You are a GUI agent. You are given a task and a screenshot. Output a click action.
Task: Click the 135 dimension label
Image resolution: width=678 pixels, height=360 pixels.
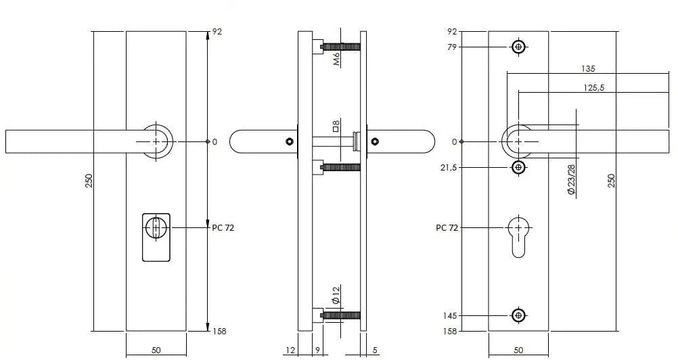click(x=588, y=69)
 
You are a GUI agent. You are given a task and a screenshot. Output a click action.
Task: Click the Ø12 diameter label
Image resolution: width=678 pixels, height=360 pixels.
click(x=335, y=294)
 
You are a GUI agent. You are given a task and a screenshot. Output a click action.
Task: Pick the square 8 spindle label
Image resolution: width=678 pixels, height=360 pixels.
click(x=336, y=125)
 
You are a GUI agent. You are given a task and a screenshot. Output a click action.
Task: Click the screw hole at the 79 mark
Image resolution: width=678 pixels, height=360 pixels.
click(x=518, y=47)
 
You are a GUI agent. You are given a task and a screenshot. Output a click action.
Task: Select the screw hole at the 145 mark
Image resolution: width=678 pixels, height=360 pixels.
click(x=518, y=315)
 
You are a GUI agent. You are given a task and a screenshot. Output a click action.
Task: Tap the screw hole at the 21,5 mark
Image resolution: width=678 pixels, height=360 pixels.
click(x=518, y=167)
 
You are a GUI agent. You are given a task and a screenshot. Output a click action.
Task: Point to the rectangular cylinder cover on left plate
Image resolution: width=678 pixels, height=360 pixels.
click(x=156, y=237)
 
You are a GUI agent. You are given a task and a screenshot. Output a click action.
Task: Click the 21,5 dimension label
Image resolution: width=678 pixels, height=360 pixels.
click(x=449, y=168)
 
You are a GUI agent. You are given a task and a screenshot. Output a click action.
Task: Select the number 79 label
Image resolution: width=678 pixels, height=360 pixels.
click(x=452, y=47)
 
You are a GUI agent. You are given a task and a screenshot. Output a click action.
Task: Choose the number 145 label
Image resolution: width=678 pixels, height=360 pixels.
click(x=450, y=316)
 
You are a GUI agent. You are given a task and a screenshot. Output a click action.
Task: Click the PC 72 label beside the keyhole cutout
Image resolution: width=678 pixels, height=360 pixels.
click(x=447, y=228)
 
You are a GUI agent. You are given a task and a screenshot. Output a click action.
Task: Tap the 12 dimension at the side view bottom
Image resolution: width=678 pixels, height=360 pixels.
click(x=290, y=351)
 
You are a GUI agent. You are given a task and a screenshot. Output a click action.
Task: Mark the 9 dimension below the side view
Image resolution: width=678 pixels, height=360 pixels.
click(x=317, y=351)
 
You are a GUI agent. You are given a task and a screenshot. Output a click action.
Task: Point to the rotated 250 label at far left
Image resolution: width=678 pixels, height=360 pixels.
click(x=89, y=181)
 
